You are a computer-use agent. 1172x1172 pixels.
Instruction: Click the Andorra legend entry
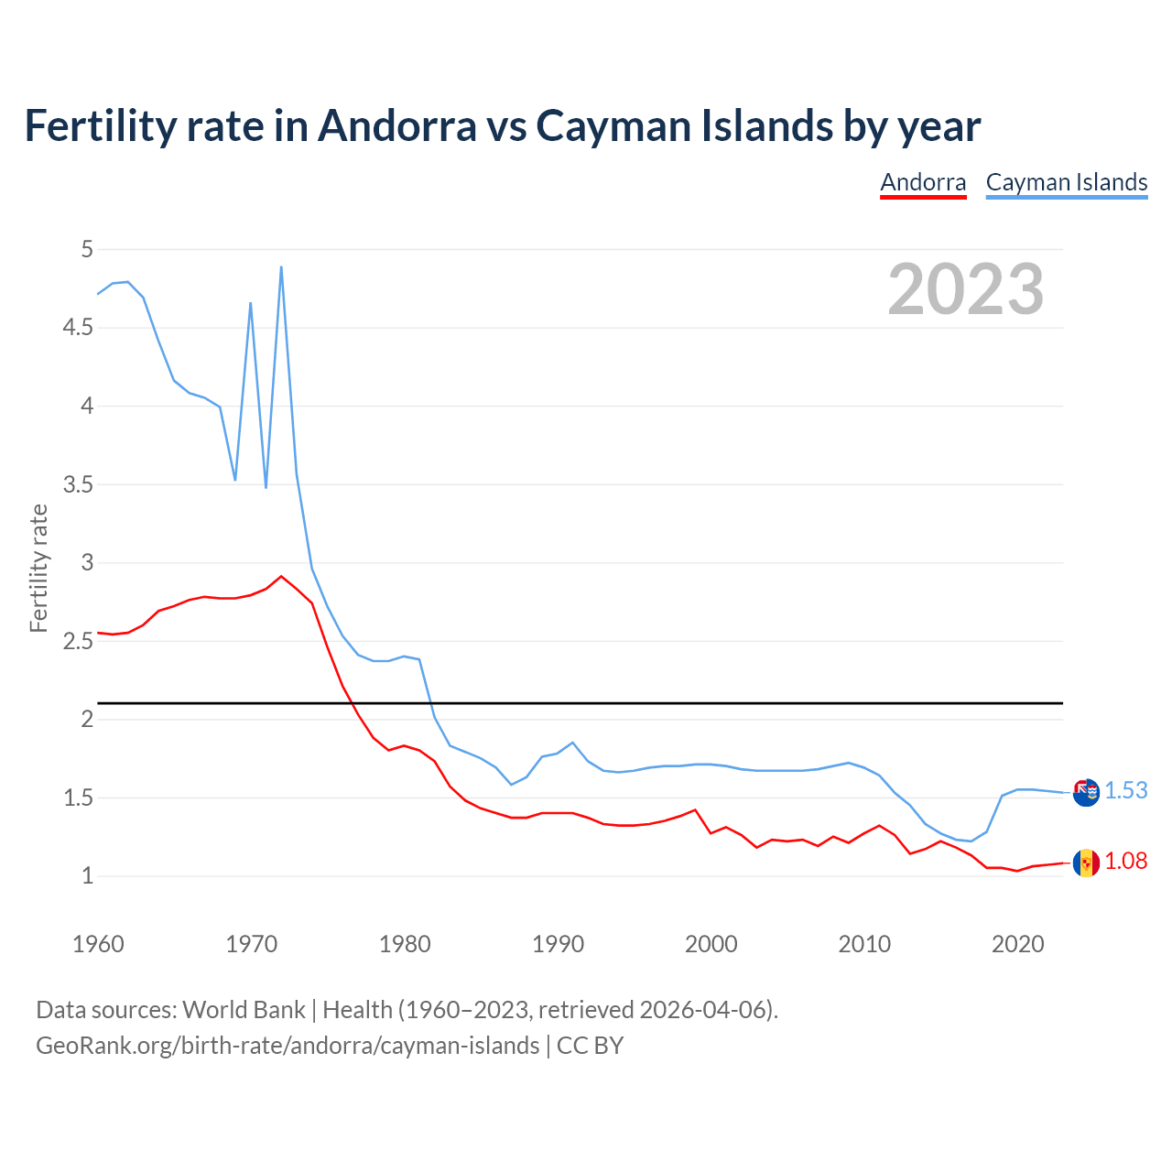(x=923, y=182)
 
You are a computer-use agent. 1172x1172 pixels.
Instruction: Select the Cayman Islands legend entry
(x=1067, y=182)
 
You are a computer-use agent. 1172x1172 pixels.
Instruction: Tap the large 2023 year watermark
(x=966, y=289)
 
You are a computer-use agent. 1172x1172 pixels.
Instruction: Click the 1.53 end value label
(x=1125, y=791)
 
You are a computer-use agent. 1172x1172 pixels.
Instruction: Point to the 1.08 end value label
(x=1125, y=862)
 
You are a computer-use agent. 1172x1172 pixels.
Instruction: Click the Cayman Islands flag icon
(x=1086, y=792)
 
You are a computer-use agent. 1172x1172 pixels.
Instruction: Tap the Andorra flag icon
(x=1086, y=863)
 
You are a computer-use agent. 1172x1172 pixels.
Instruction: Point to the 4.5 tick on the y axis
(x=78, y=328)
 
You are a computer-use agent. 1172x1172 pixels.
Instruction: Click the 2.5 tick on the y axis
(x=78, y=641)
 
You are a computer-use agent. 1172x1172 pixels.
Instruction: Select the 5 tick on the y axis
(x=87, y=249)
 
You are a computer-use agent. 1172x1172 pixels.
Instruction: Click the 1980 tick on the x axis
(x=405, y=944)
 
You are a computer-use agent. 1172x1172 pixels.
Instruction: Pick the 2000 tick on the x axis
(x=711, y=944)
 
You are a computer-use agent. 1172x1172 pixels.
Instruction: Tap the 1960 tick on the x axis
(x=98, y=944)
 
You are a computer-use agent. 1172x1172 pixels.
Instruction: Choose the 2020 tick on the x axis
(x=1017, y=944)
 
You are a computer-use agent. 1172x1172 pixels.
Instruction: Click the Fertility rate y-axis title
(x=38, y=568)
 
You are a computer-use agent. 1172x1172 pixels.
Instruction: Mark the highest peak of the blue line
(x=281, y=267)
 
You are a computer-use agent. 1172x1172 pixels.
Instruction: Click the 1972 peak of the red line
(x=281, y=577)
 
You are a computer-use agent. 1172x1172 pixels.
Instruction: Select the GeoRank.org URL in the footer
(x=288, y=1046)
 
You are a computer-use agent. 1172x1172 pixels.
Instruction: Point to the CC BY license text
(x=591, y=1046)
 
